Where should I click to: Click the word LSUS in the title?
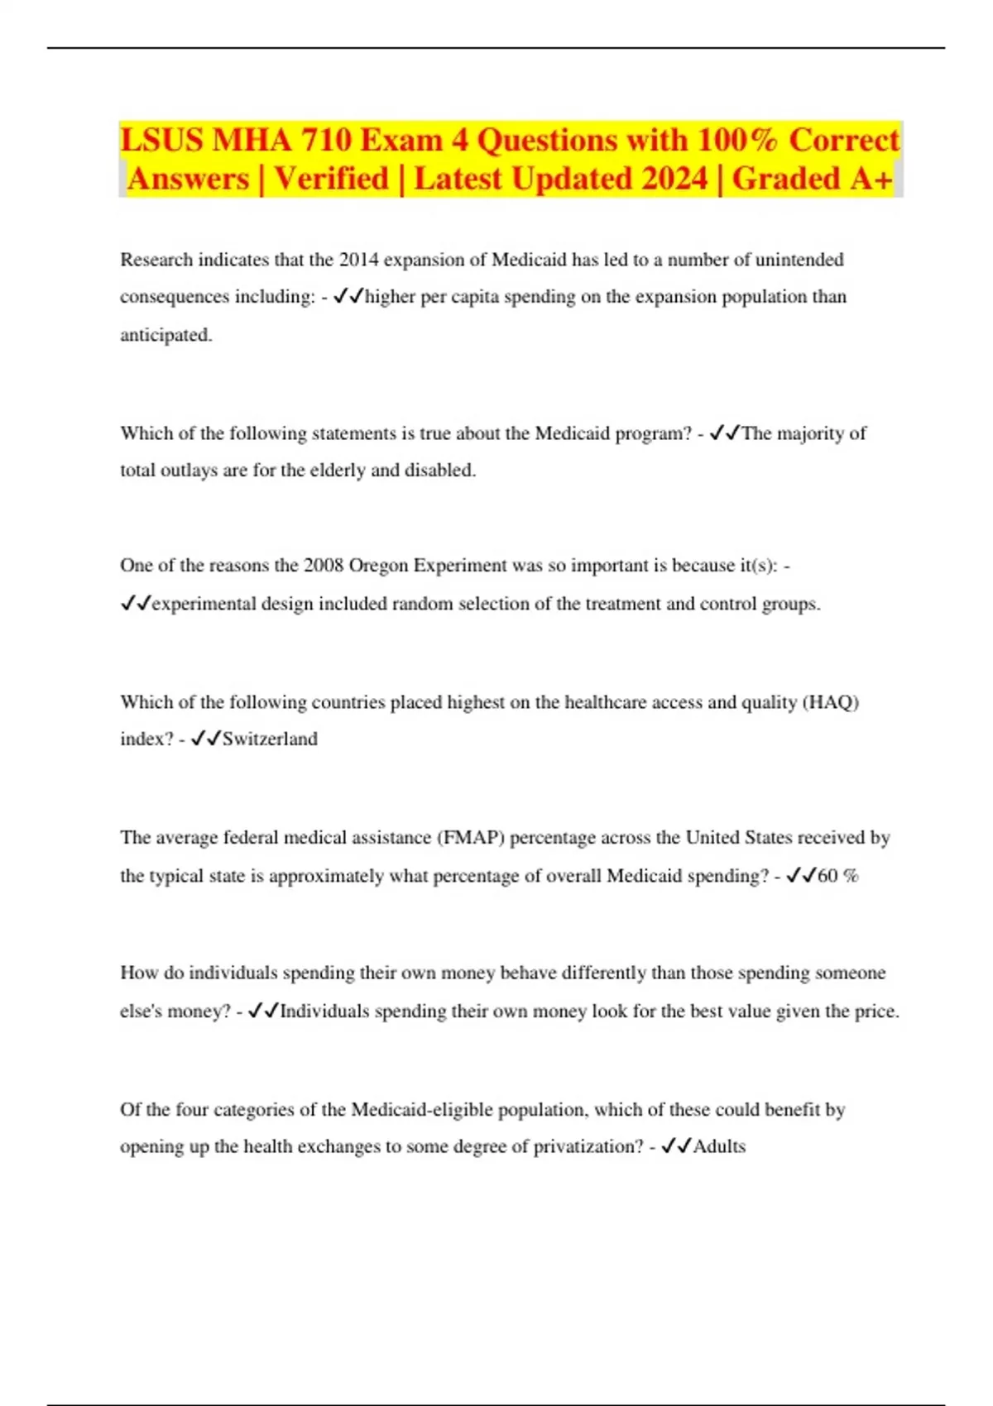(x=161, y=140)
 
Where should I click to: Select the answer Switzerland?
(x=270, y=739)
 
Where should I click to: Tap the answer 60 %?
(x=837, y=876)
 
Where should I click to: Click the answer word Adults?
(x=719, y=1146)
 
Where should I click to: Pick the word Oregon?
(x=378, y=566)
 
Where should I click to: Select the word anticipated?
(x=165, y=335)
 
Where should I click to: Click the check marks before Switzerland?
(x=205, y=739)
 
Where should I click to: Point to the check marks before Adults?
(x=676, y=1146)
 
